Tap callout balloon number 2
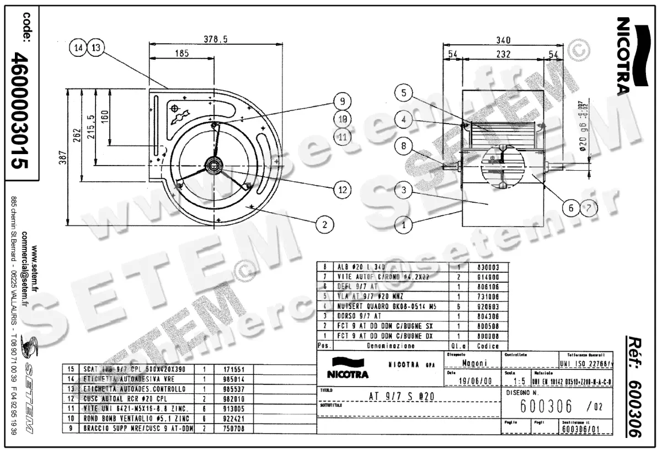pos(325,224)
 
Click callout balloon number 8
pos(404,147)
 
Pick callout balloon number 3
pos(404,191)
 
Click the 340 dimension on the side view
pos(503,40)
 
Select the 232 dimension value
pos(503,54)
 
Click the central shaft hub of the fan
pos(213,164)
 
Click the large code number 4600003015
pos(21,110)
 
